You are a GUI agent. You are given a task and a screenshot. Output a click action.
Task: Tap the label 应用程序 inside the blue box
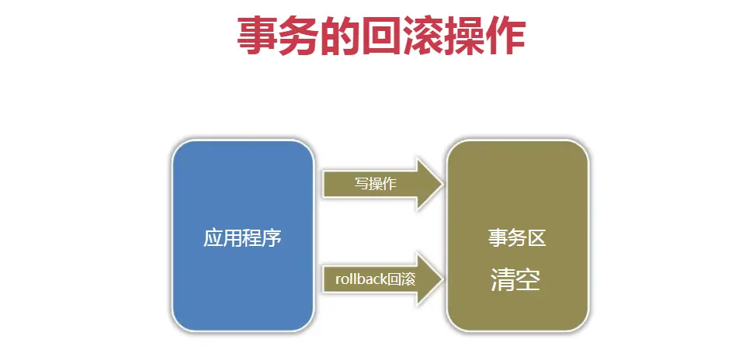[x=242, y=238]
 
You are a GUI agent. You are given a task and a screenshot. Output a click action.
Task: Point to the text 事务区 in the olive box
[x=517, y=238]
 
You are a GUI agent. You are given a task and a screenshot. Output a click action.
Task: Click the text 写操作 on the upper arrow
[x=376, y=185]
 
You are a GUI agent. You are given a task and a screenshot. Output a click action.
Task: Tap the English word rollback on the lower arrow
[x=360, y=278]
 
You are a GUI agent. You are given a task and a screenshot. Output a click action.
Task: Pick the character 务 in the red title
[x=299, y=36]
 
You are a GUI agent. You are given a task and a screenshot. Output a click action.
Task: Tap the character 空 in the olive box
[x=528, y=280]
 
